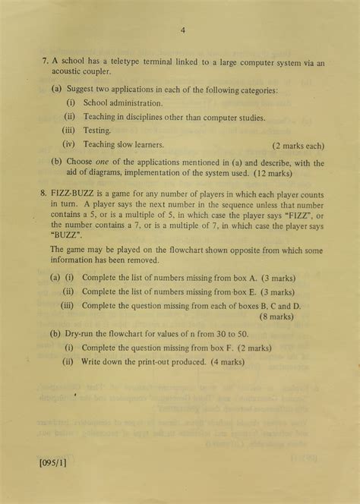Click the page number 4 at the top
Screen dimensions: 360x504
click(x=183, y=30)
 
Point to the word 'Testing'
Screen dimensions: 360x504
click(x=96, y=131)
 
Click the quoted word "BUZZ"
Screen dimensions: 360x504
click(x=66, y=236)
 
